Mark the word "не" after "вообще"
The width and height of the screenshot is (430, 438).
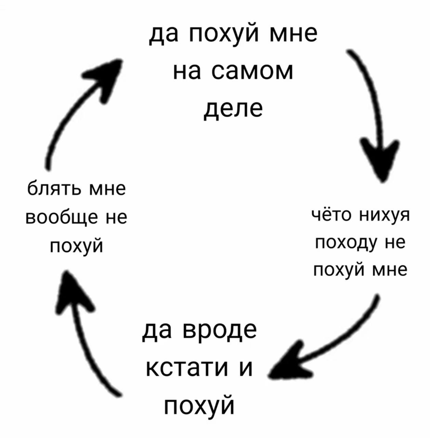coord(116,218)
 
